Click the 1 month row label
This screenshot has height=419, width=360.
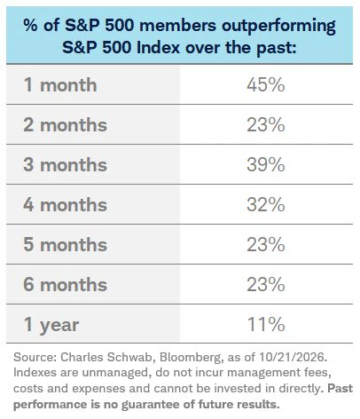click(x=60, y=85)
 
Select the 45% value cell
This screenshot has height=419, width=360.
click(x=266, y=85)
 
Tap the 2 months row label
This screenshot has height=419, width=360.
click(x=65, y=125)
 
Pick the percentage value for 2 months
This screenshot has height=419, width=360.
click(x=266, y=125)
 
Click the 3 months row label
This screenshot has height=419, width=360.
click(x=65, y=165)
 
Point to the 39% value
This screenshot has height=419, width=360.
click(x=266, y=165)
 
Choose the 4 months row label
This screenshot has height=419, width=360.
click(x=65, y=205)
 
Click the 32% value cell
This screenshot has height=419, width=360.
click(x=266, y=205)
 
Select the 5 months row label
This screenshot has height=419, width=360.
click(x=65, y=245)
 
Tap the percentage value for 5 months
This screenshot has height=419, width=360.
click(x=266, y=245)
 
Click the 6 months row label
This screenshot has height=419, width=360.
click(x=65, y=285)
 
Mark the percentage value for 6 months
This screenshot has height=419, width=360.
click(x=266, y=285)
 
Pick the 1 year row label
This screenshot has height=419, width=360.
click(x=51, y=326)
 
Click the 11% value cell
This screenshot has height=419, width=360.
click(x=266, y=325)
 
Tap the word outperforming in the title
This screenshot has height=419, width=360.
click(x=278, y=27)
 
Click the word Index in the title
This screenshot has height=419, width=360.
click(x=158, y=47)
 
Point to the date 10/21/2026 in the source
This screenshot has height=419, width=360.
click(x=292, y=358)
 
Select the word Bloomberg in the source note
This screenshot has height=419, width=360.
click(x=192, y=358)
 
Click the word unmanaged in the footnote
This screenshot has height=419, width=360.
click(x=115, y=373)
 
